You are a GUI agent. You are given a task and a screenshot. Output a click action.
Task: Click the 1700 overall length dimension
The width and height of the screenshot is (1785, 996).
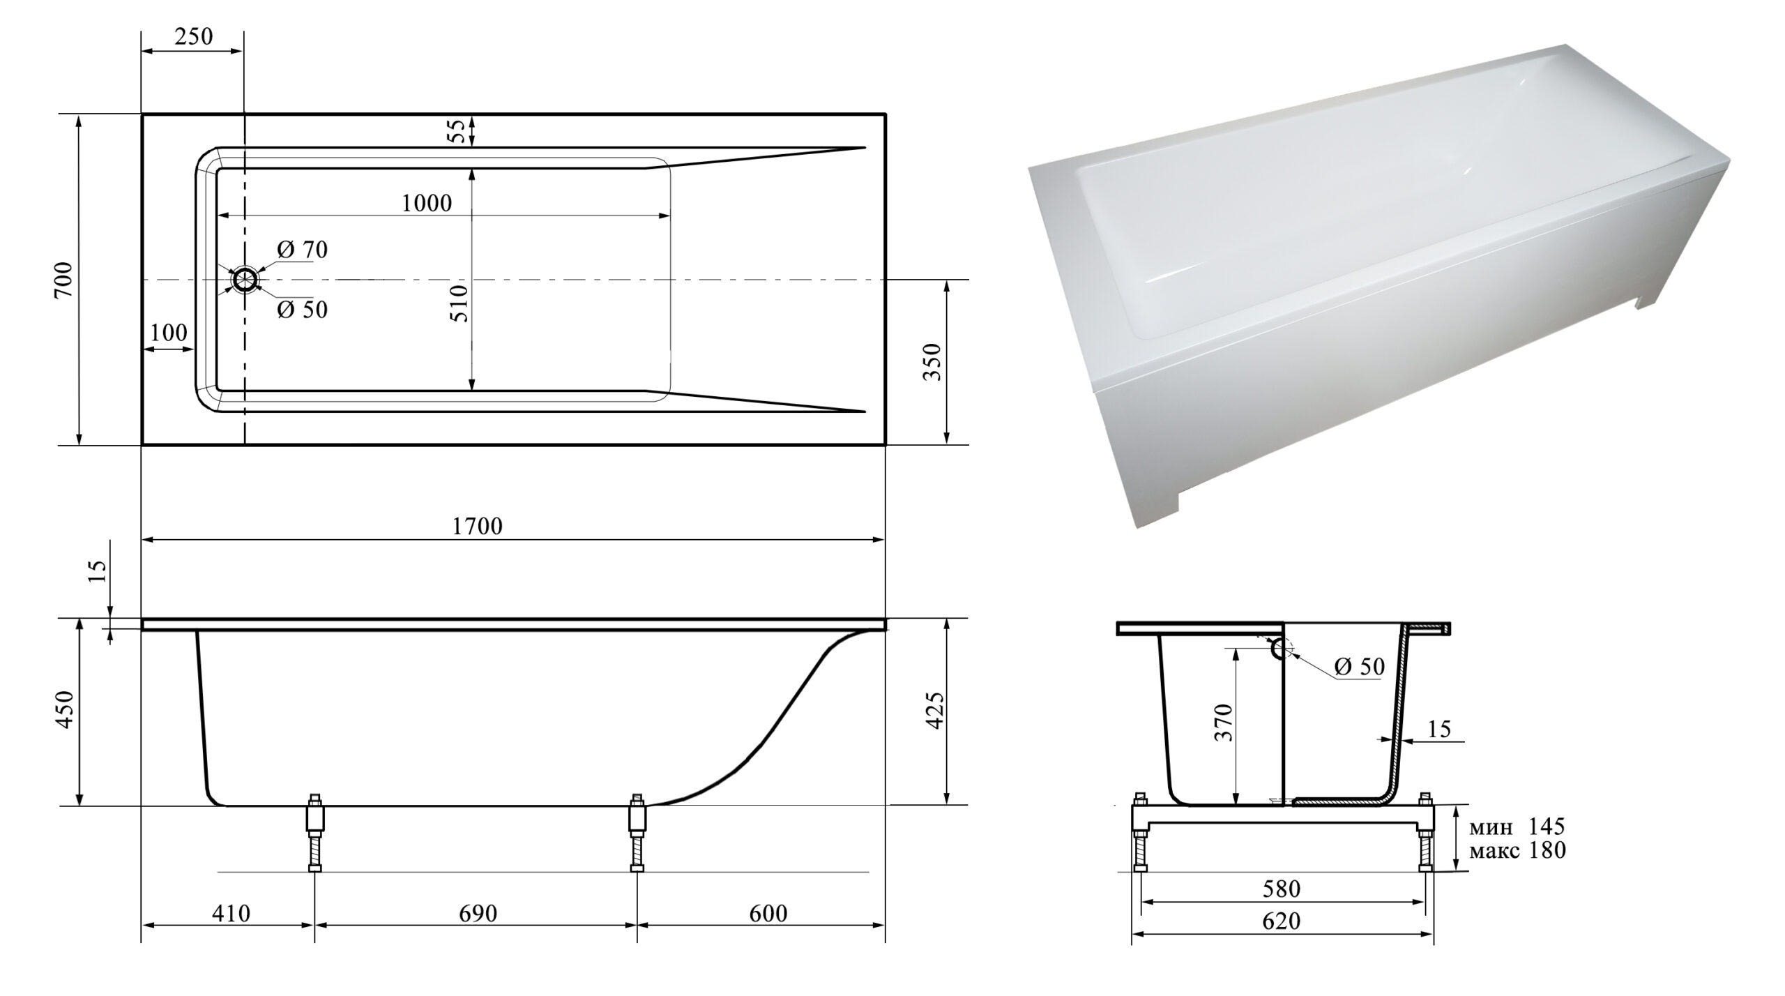[x=478, y=526]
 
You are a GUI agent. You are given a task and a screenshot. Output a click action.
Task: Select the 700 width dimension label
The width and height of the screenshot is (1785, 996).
[x=63, y=280]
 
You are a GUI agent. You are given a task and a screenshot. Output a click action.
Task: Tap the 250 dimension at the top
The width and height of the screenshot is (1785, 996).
[x=193, y=36]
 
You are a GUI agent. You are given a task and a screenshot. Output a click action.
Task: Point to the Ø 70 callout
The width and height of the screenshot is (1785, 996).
[x=302, y=250]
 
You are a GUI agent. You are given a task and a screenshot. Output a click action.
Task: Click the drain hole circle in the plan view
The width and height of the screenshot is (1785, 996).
[x=245, y=280]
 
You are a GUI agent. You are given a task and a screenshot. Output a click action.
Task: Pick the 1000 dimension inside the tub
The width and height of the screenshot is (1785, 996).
[x=427, y=203]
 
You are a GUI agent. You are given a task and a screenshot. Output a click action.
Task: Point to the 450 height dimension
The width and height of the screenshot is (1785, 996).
[x=64, y=709]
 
